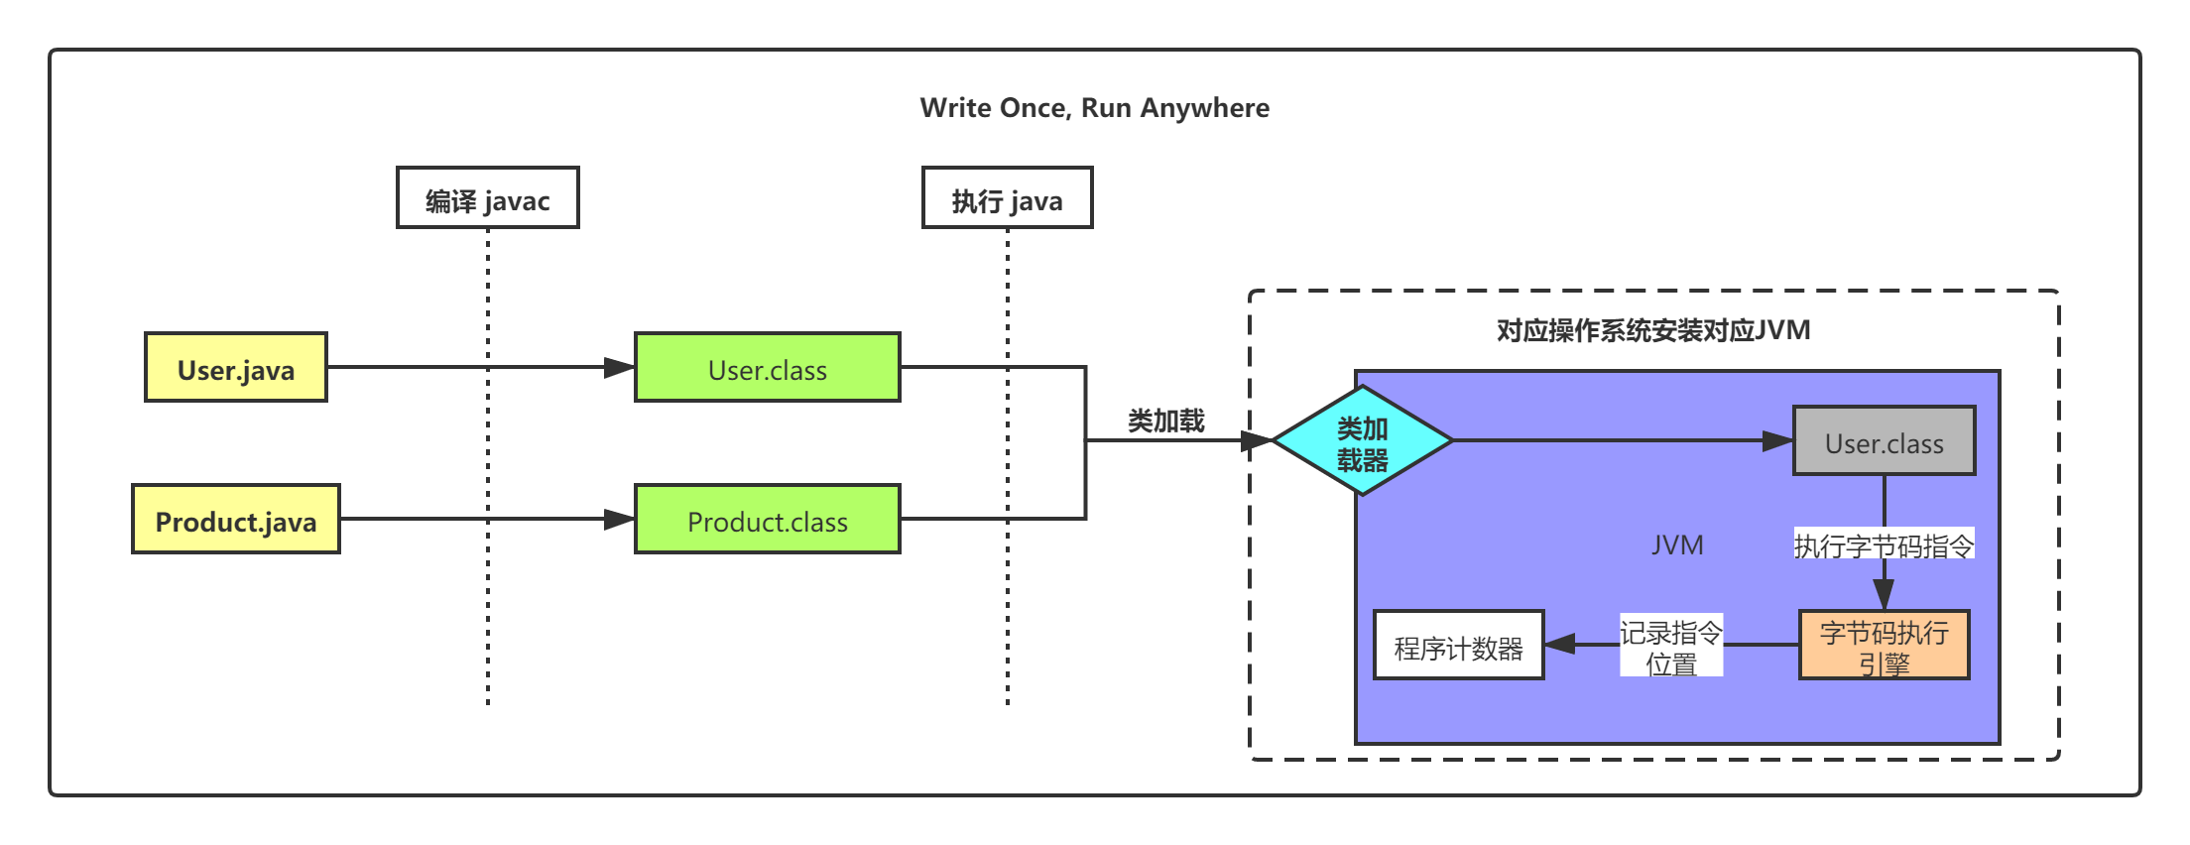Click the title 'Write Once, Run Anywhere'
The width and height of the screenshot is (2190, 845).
(x=1094, y=107)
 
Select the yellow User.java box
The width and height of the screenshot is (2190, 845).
(x=236, y=368)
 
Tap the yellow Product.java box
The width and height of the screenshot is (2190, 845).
(x=236, y=520)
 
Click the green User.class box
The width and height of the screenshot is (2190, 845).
(x=767, y=368)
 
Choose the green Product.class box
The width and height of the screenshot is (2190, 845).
(x=767, y=520)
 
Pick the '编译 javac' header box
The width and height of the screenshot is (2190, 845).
(x=487, y=198)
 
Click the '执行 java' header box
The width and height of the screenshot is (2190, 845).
(x=1007, y=198)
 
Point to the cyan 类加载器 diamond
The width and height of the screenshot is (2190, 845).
(x=1362, y=441)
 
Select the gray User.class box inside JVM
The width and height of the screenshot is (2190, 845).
(x=1884, y=441)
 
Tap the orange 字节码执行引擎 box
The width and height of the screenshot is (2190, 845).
(x=1884, y=646)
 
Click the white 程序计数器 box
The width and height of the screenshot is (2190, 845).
(x=1458, y=646)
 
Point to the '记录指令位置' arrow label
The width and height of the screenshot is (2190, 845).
(x=1671, y=647)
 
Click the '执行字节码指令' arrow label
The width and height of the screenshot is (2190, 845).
(x=1884, y=544)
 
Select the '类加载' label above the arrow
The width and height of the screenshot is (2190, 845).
(x=1165, y=421)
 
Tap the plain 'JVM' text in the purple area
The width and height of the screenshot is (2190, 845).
(x=1677, y=544)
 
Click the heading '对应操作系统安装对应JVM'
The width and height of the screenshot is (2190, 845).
(x=1653, y=330)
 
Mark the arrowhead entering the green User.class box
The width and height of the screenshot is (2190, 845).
(x=620, y=368)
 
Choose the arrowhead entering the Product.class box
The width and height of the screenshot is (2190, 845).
(x=620, y=520)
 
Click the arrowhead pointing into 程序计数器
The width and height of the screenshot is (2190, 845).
(x=1560, y=645)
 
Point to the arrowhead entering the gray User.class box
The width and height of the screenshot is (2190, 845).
(x=1777, y=441)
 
